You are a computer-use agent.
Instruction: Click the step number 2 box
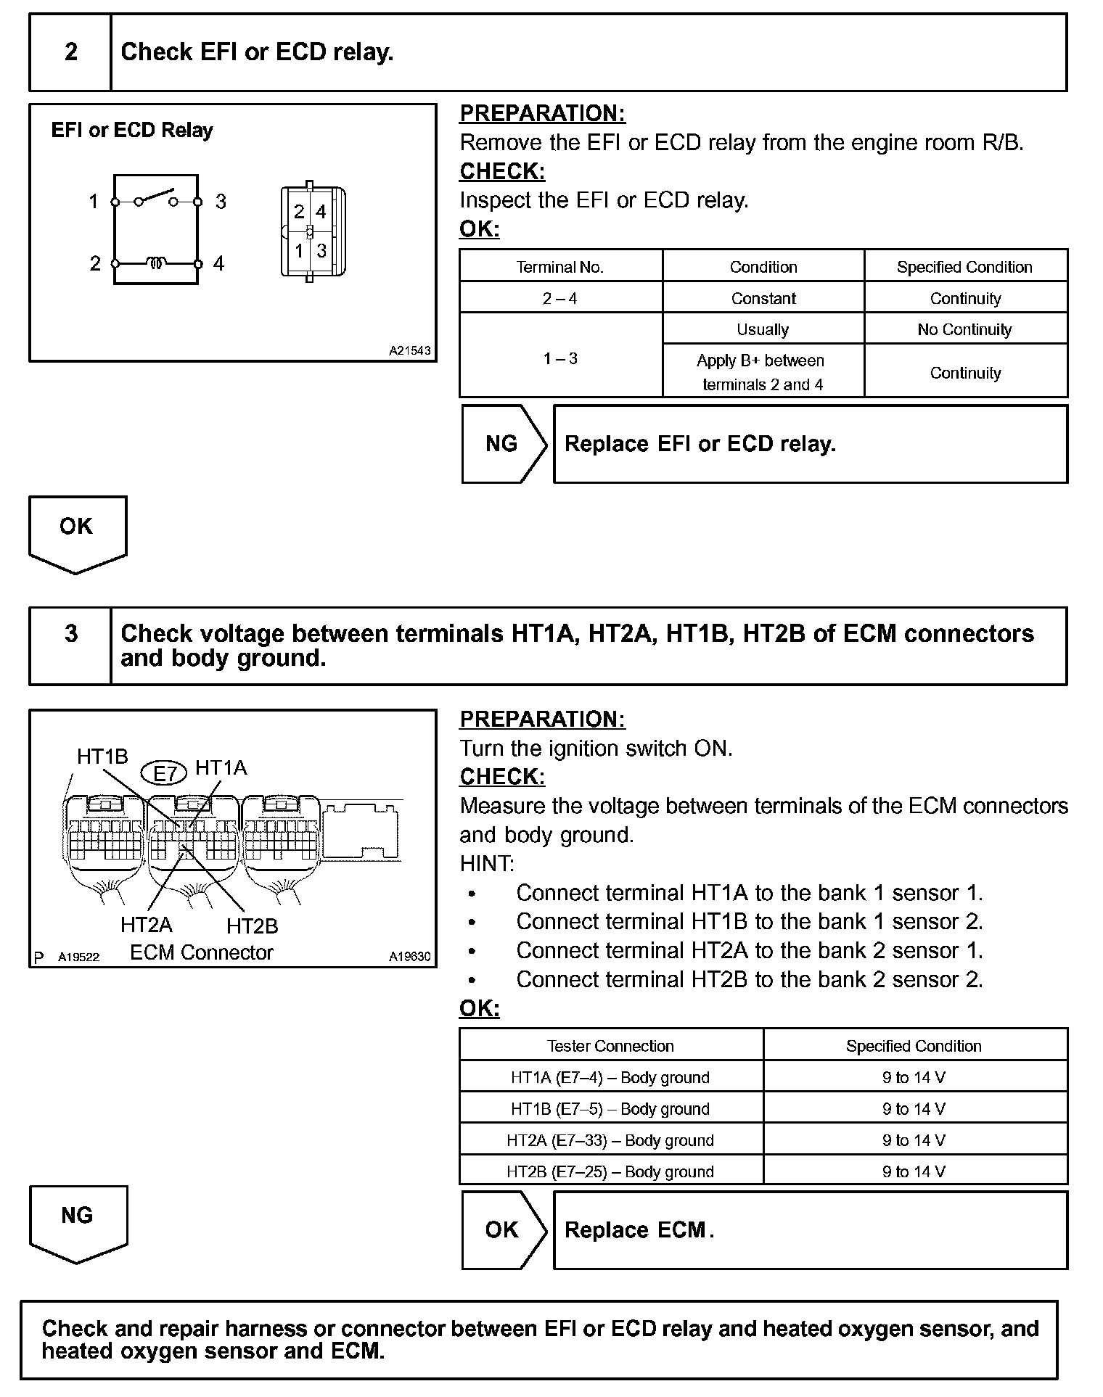(x=70, y=52)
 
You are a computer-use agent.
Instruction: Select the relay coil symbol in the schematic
(x=156, y=263)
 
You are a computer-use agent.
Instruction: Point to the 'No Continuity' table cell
(x=964, y=329)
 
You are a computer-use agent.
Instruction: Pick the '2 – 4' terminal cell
(x=560, y=298)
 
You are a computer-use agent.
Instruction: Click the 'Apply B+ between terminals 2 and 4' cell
(x=763, y=372)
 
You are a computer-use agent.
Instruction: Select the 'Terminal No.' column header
(x=560, y=267)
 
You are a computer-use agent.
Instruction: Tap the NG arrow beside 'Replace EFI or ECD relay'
(x=502, y=444)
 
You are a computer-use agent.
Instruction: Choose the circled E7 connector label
(x=165, y=773)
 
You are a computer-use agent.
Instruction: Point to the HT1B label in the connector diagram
(x=102, y=757)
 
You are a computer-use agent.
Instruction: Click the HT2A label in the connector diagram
(x=146, y=925)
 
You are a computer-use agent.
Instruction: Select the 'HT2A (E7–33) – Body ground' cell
(x=610, y=1140)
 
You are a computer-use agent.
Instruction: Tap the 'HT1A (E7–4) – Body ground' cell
(x=610, y=1078)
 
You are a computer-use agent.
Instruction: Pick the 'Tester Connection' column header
(x=610, y=1046)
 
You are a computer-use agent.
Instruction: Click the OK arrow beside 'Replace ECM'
(x=502, y=1229)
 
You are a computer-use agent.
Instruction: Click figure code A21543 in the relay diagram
(x=409, y=351)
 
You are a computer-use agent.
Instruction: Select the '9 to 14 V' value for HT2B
(x=914, y=1171)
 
